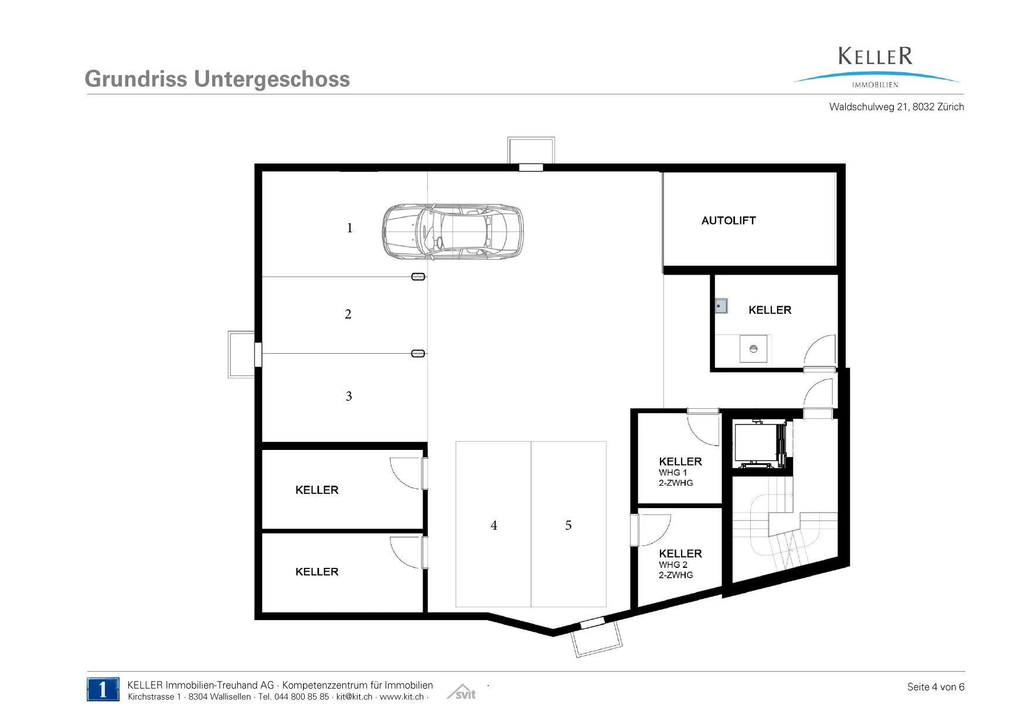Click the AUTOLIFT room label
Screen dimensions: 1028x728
[x=729, y=221]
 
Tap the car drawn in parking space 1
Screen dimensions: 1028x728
[x=452, y=232]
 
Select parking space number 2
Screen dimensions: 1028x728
[x=348, y=314]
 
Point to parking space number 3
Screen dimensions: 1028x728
[x=349, y=397]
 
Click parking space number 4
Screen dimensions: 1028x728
[x=494, y=526]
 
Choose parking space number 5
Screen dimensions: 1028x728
[x=569, y=526]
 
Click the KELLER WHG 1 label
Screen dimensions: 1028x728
[x=680, y=472]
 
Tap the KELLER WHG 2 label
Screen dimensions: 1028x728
[x=680, y=564]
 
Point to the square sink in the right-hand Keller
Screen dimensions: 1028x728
[x=753, y=349]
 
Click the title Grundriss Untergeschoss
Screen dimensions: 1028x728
[x=217, y=79]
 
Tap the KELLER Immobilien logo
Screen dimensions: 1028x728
[x=876, y=67]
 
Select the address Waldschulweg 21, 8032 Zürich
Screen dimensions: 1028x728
[x=897, y=107]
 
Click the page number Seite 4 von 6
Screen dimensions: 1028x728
[x=936, y=687]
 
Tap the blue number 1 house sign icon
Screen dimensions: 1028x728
[x=103, y=689]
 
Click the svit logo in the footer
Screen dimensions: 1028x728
[x=461, y=692]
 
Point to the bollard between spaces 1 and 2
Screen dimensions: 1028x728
[x=418, y=277]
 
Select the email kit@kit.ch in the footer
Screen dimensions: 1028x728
[x=354, y=697]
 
